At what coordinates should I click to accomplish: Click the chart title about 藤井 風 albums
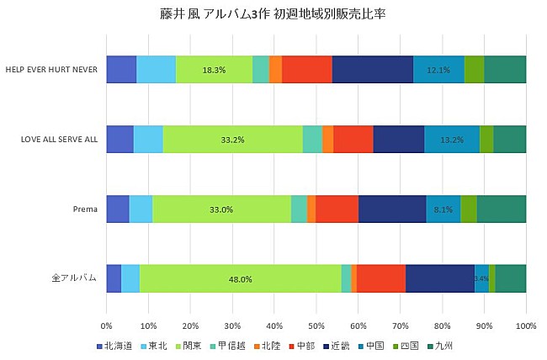(273, 14)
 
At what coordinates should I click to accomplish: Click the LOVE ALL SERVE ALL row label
(59, 140)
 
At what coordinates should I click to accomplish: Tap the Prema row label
(84, 209)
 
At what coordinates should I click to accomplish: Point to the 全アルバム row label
(75, 278)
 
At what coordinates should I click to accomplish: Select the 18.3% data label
(214, 70)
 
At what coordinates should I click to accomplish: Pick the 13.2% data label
(452, 140)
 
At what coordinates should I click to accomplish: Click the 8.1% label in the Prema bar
(443, 209)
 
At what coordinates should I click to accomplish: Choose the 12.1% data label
(438, 70)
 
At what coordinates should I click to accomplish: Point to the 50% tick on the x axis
(316, 325)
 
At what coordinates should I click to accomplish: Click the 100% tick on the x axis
(526, 325)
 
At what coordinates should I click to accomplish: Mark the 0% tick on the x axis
(106, 325)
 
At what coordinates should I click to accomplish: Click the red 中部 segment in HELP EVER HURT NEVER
(307, 70)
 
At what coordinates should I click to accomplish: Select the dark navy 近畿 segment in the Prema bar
(392, 209)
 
